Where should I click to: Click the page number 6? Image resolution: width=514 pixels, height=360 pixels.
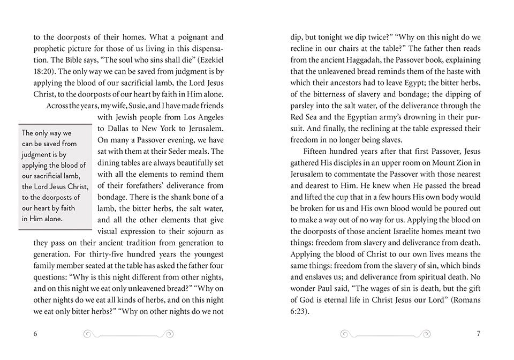35,334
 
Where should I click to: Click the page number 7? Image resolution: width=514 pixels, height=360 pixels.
478,334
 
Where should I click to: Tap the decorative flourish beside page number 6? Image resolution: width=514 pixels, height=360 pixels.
129,334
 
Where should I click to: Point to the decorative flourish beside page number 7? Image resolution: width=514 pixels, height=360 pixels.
385,334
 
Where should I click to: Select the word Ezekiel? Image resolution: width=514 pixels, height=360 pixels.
209,61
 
